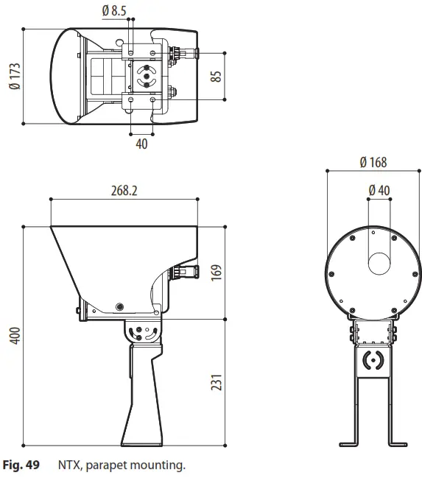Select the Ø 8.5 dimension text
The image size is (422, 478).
pyautogui.click(x=115, y=10)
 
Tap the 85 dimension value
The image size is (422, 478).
pyautogui.click(x=216, y=75)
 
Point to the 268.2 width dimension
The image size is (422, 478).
pyautogui.click(x=124, y=190)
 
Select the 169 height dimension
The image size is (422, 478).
pyautogui.click(x=216, y=273)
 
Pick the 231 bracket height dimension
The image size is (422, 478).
pyautogui.click(x=216, y=382)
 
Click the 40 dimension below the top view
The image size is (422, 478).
pyautogui.click(x=141, y=144)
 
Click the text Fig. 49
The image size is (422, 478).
pyautogui.click(x=21, y=465)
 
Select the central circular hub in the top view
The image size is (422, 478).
pyautogui.click(x=146, y=75)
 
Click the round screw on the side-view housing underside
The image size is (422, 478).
pyautogui.click(x=119, y=306)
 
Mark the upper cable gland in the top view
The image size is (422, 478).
pyautogui.click(x=184, y=52)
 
